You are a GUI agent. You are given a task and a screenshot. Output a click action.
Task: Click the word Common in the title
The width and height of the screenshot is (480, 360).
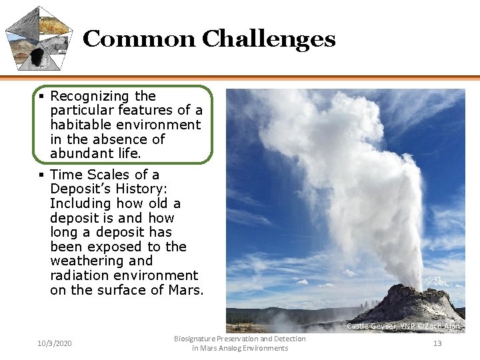click(139, 39)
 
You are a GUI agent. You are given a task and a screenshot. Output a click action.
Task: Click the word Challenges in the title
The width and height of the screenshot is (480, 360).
click(268, 39)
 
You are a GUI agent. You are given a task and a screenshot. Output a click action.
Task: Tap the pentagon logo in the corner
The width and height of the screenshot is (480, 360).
click(39, 38)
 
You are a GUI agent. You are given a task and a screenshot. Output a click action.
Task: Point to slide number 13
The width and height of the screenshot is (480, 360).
click(437, 343)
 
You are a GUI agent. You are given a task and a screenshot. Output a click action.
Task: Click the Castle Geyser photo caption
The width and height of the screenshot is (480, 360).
click(404, 326)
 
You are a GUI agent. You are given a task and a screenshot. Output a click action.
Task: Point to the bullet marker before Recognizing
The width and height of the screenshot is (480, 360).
click(42, 96)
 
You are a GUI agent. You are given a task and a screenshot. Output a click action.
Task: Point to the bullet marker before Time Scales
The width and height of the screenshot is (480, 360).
click(42, 175)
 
